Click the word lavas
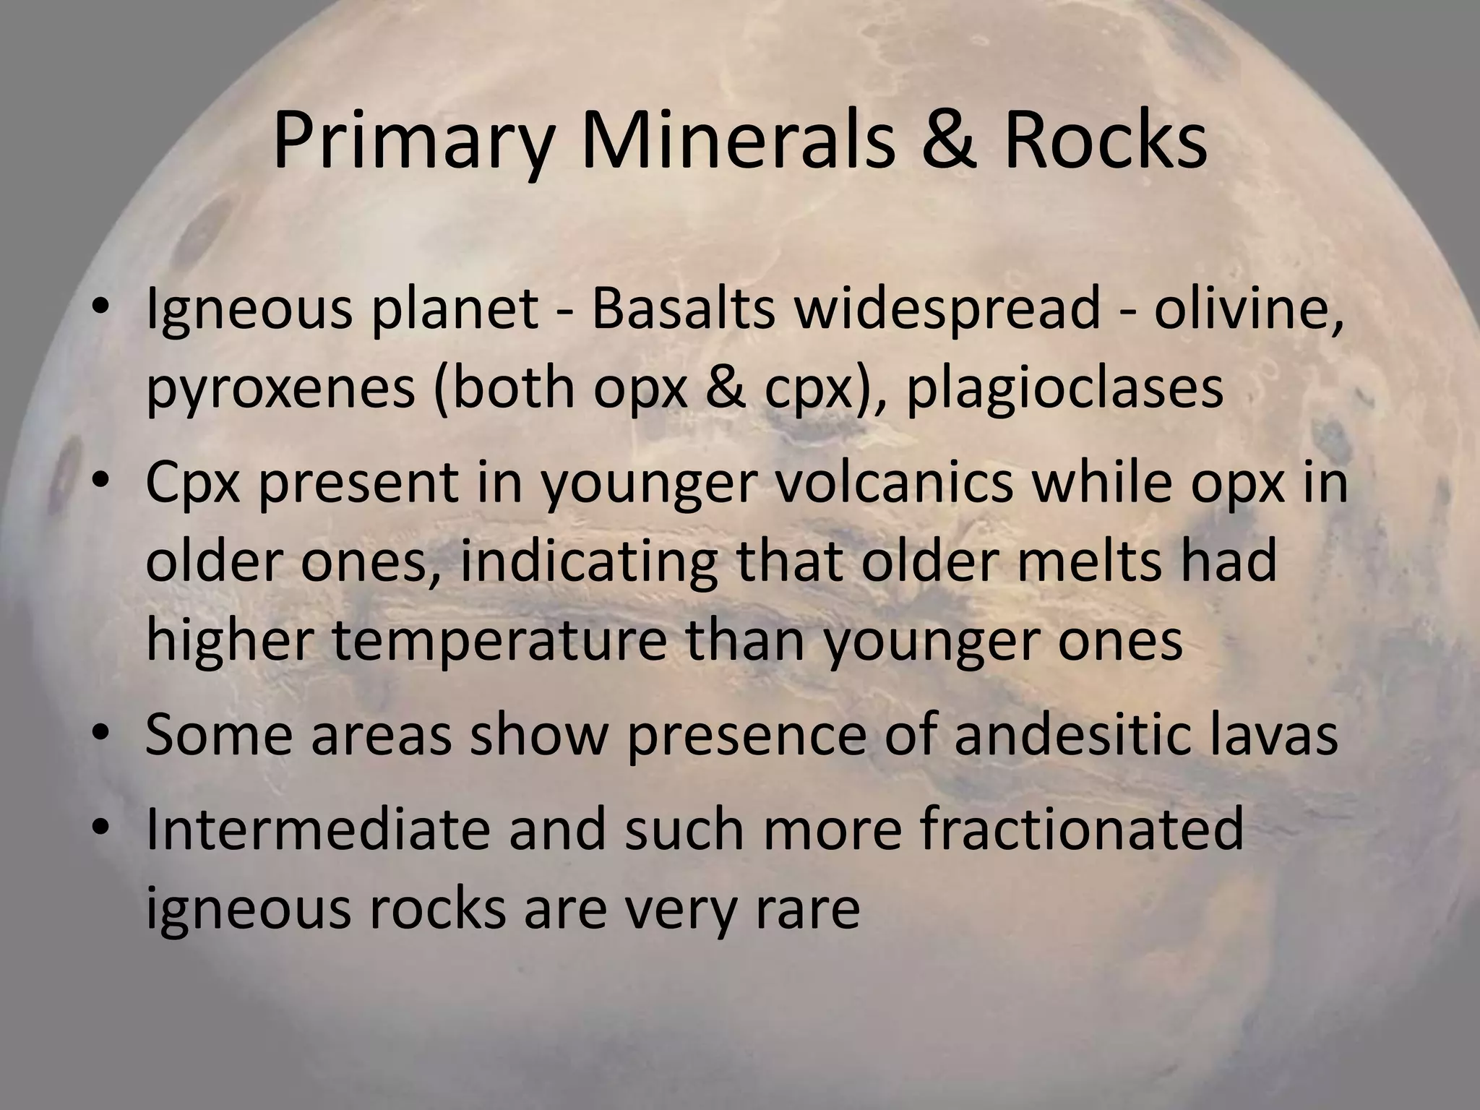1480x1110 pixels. pos(1273,734)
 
